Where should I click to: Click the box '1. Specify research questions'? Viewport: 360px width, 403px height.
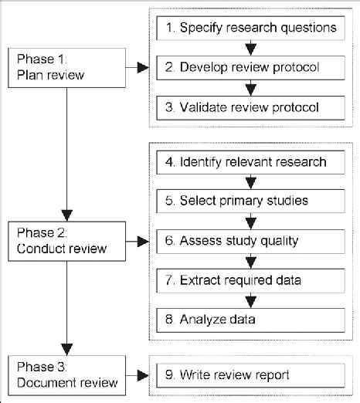click(251, 29)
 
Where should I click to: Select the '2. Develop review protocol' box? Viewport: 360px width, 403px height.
click(251, 68)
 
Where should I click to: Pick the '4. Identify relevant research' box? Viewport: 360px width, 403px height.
click(251, 162)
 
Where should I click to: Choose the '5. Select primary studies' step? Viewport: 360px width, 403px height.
click(251, 201)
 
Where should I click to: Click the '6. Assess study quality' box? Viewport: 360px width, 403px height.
click(251, 240)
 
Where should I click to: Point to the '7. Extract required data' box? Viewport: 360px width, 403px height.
click(251, 279)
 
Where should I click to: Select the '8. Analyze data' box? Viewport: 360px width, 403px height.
click(251, 318)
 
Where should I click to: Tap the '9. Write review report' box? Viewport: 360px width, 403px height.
click(251, 375)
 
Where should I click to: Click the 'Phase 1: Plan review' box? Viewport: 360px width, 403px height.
click(69, 67)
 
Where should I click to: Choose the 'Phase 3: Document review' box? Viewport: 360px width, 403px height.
click(69, 375)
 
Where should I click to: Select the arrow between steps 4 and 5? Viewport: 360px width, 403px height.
click(251, 182)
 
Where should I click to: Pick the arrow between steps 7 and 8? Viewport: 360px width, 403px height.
click(251, 299)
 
